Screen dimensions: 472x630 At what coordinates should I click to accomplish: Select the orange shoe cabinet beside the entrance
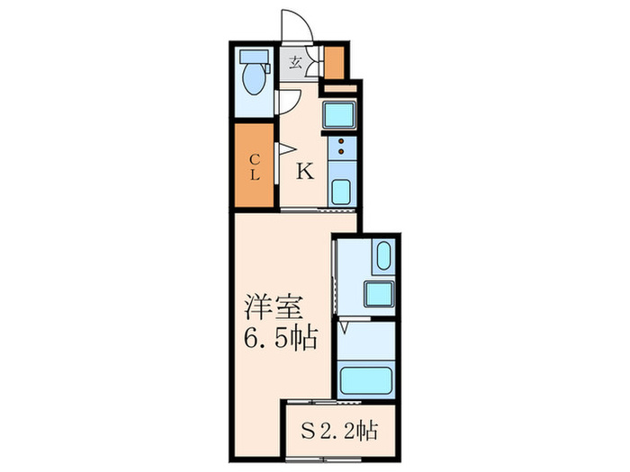tap(333, 61)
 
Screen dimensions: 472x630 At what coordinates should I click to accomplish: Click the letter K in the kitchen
tap(305, 172)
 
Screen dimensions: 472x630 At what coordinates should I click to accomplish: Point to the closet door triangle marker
tap(284, 149)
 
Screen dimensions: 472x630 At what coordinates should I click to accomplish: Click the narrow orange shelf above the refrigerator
tap(339, 87)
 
